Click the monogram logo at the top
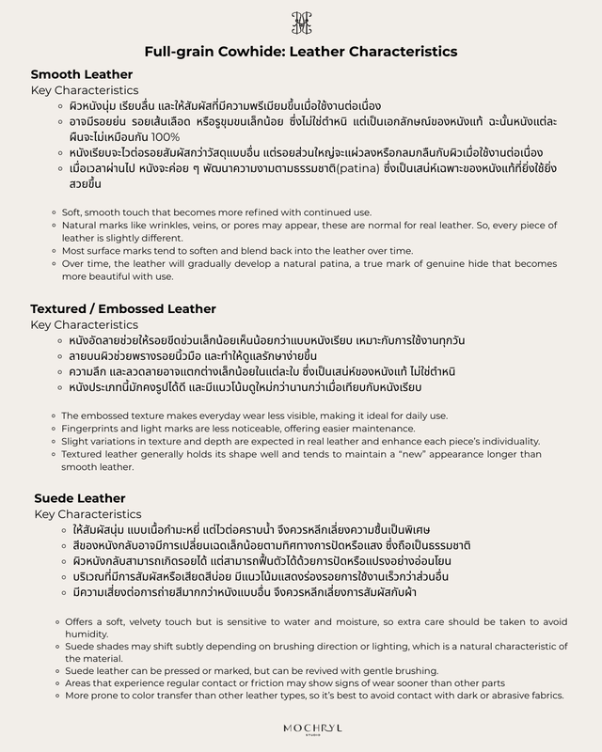click(x=301, y=23)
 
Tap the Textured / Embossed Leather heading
click(x=123, y=308)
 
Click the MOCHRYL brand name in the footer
click(x=301, y=728)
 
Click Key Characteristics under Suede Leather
click(x=88, y=514)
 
